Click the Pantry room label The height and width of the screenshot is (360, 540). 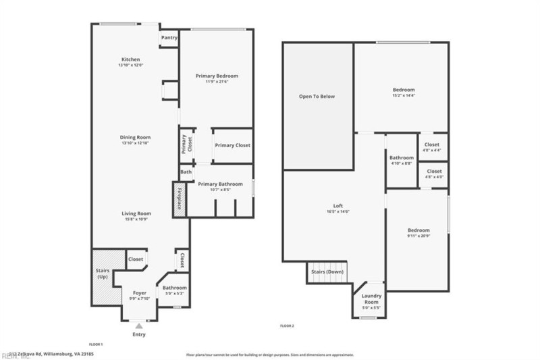[169, 38]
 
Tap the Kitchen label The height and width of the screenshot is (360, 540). [130, 59]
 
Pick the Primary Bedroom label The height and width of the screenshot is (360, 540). [217, 76]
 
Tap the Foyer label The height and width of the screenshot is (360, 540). [139, 293]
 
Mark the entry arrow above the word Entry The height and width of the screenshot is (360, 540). [139, 326]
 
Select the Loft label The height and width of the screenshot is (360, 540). [338, 206]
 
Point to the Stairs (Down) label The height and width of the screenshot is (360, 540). [327, 272]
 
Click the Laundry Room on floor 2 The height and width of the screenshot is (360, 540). [371, 299]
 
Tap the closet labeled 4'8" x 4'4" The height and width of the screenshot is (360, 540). [432, 147]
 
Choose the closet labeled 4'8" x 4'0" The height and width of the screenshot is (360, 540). [432, 174]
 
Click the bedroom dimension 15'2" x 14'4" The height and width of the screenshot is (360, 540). [404, 96]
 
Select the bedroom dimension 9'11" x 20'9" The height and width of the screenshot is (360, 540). [418, 236]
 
